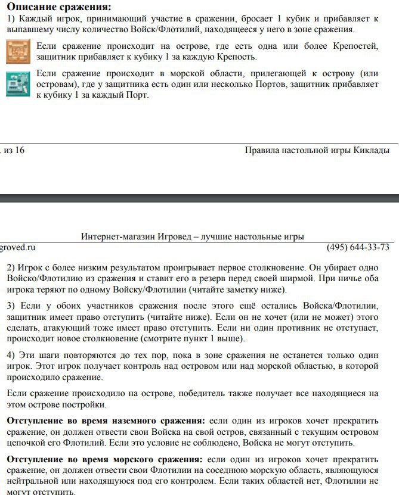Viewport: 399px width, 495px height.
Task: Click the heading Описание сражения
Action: pos(58,7)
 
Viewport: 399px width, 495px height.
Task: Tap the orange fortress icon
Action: pos(18,52)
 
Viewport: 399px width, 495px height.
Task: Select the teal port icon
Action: pos(18,84)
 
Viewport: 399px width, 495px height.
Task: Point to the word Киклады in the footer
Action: pos(373,150)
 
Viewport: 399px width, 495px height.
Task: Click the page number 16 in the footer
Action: pos(19,150)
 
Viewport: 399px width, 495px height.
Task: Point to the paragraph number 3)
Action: pos(12,306)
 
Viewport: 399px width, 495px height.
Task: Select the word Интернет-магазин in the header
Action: pos(116,236)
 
